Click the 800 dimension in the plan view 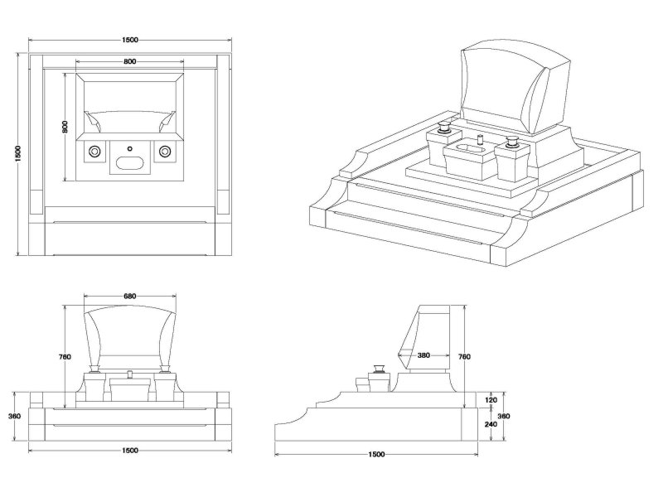point(130,61)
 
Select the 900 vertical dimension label point(65,128)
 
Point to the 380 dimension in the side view point(423,355)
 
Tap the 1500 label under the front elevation point(129,451)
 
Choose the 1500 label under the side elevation point(375,455)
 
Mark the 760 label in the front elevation point(65,357)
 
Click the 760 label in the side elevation point(464,356)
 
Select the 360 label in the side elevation point(502,416)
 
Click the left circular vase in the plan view point(95,151)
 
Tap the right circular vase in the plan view point(165,151)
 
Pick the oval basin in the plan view point(130,162)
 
